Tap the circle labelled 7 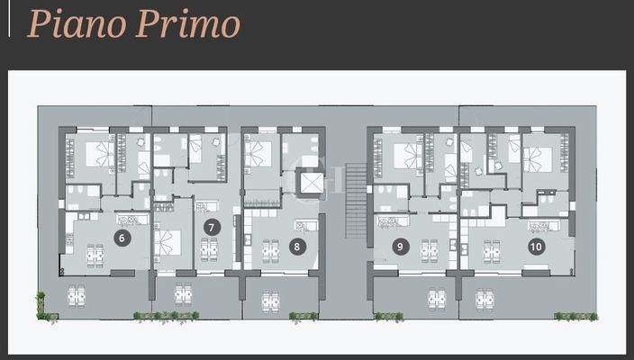(212, 227)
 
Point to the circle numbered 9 (399, 244)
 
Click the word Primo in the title (188, 23)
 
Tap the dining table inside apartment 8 (269, 250)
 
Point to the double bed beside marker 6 (168, 240)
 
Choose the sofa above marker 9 (388, 221)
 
